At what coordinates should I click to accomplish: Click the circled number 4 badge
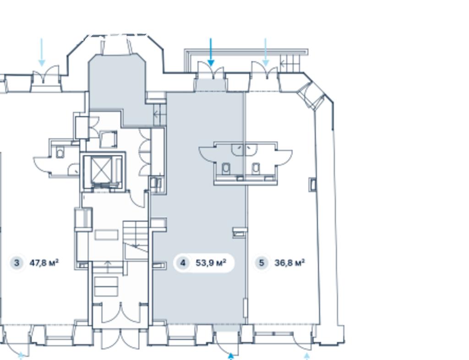(x=183, y=263)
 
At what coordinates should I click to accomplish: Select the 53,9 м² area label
(x=211, y=263)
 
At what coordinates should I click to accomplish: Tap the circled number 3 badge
(x=16, y=263)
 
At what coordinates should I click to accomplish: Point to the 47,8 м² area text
(x=44, y=263)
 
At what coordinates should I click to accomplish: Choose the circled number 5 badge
(x=262, y=263)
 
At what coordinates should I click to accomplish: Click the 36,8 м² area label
(x=289, y=263)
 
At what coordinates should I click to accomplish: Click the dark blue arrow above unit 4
(x=211, y=52)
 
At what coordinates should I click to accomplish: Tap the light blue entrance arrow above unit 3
(x=42, y=52)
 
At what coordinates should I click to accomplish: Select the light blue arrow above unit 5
(x=266, y=52)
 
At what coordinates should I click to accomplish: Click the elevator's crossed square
(x=101, y=170)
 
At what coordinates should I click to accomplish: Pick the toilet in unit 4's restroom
(x=226, y=169)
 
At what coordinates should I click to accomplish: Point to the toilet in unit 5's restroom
(x=256, y=169)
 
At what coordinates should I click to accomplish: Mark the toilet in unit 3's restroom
(x=60, y=153)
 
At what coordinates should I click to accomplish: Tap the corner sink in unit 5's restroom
(x=252, y=149)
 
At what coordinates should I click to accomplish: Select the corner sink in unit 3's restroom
(x=74, y=169)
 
